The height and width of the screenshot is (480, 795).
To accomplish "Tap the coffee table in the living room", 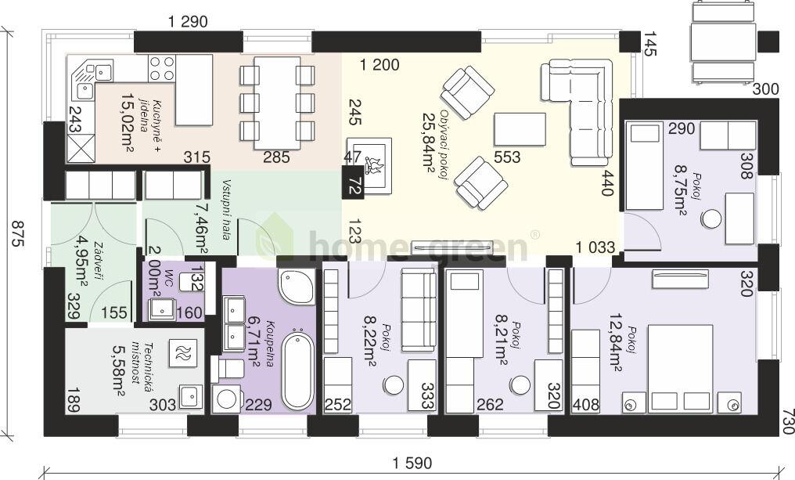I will click(x=520, y=130).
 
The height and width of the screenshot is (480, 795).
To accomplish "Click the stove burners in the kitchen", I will click(x=163, y=68).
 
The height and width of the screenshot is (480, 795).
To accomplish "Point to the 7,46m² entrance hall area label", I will click(x=198, y=227).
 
